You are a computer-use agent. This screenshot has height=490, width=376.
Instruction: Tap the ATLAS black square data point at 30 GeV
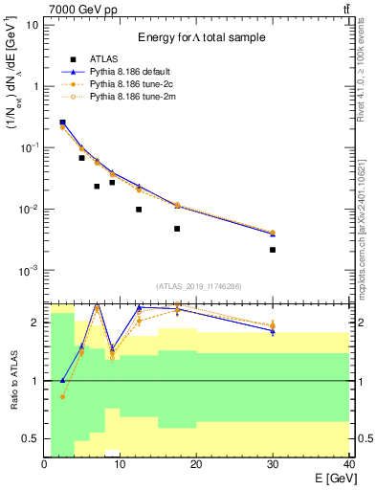coord(273,250)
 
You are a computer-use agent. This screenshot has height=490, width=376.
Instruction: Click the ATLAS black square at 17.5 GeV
coord(177,229)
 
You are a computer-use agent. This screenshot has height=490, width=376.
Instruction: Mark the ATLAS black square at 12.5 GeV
coord(139,210)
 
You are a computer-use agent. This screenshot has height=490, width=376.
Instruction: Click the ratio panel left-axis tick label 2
coord(35,323)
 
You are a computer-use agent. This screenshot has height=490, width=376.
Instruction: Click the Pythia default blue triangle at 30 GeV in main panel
coord(273,234)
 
